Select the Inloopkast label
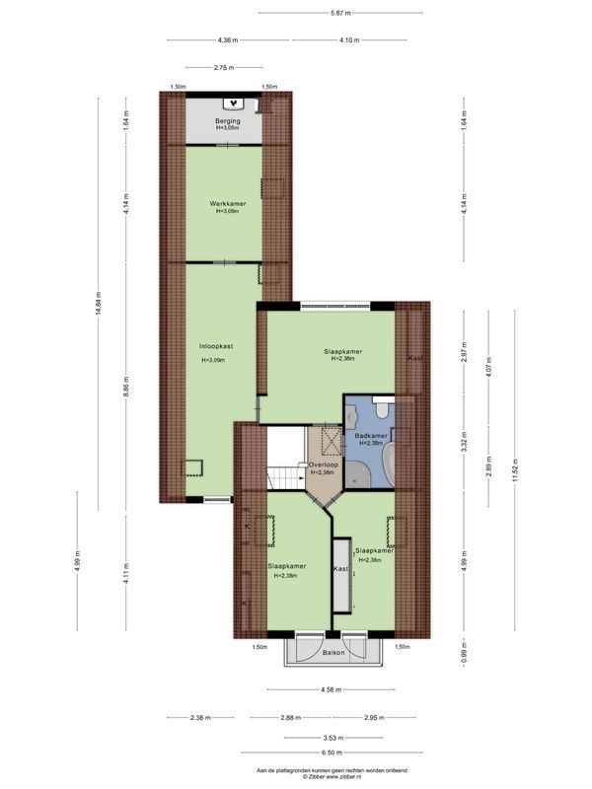[215, 346]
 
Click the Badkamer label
[370, 435]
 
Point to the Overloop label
[324, 465]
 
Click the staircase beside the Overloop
[287, 478]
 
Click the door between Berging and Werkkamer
[228, 146]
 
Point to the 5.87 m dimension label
[342, 13]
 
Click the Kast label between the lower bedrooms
[340, 569]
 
